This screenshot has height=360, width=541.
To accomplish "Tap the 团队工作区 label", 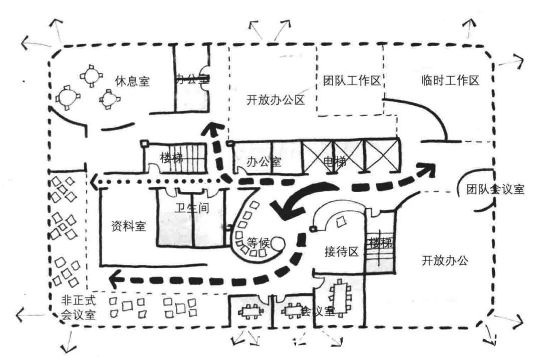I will [x=352, y=80].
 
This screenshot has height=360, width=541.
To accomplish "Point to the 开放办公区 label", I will [x=276, y=100].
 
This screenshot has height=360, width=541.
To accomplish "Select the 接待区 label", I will [x=342, y=251].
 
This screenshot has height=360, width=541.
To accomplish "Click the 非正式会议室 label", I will [x=79, y=307].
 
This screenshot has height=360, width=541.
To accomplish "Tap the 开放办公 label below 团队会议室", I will [x=444, y=260].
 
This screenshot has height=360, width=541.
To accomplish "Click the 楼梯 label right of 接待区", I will [x=380, y=243].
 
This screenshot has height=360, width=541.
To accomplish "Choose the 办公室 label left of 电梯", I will [x=264, y=162].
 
